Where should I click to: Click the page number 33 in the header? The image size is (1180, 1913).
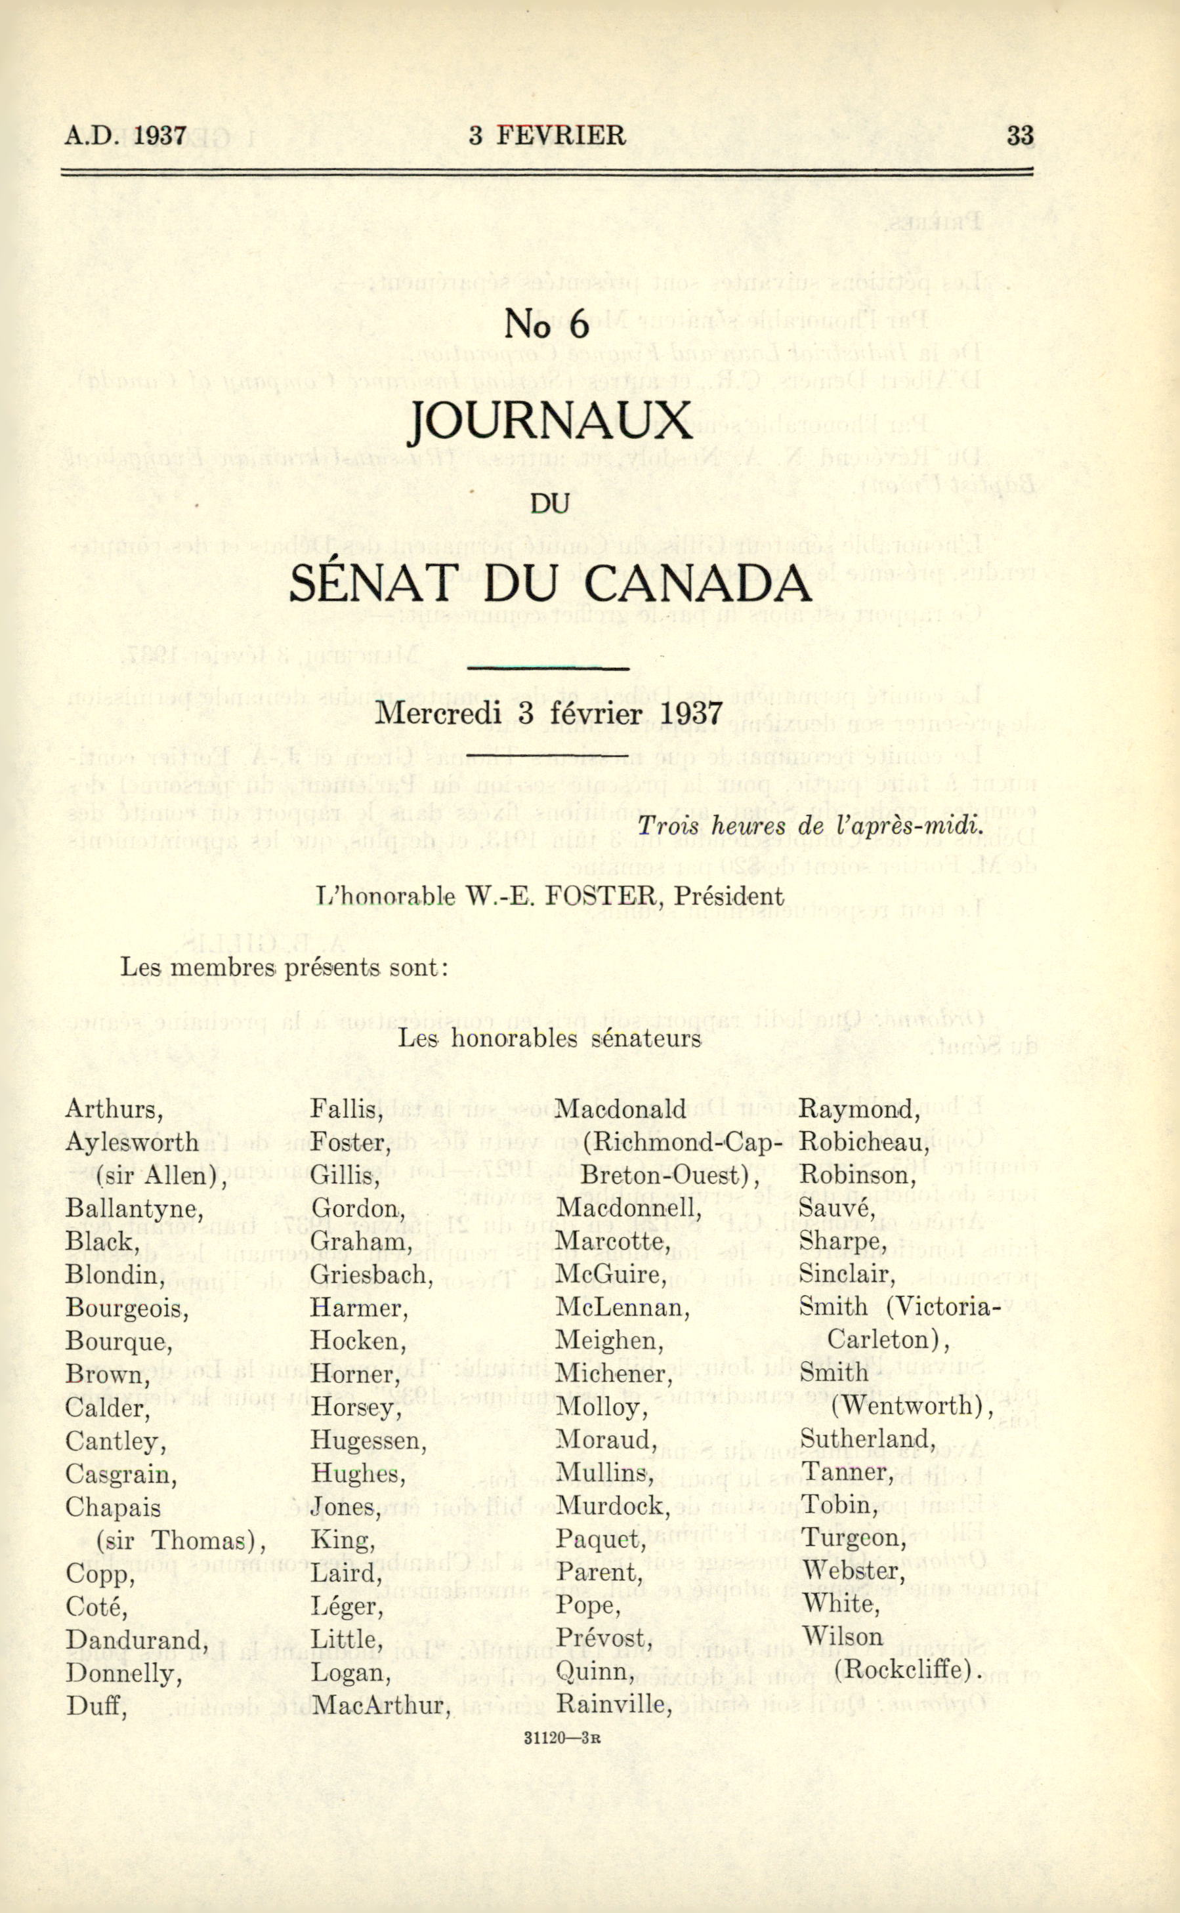pyautogui.click(x=1020, y=136)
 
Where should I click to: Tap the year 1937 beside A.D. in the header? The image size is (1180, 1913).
pyautogui.click(x=160, y=136)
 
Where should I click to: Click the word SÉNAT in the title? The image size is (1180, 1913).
pyautogui.click(x=379, y=584)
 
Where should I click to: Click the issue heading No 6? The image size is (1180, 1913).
pyautogui.click(x=546, y=324)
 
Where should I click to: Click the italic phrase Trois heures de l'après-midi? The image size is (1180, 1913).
pyautogui.click(x=809, y=826)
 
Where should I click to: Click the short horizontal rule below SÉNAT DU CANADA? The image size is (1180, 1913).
pyautogui.click(x=547, y=669)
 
